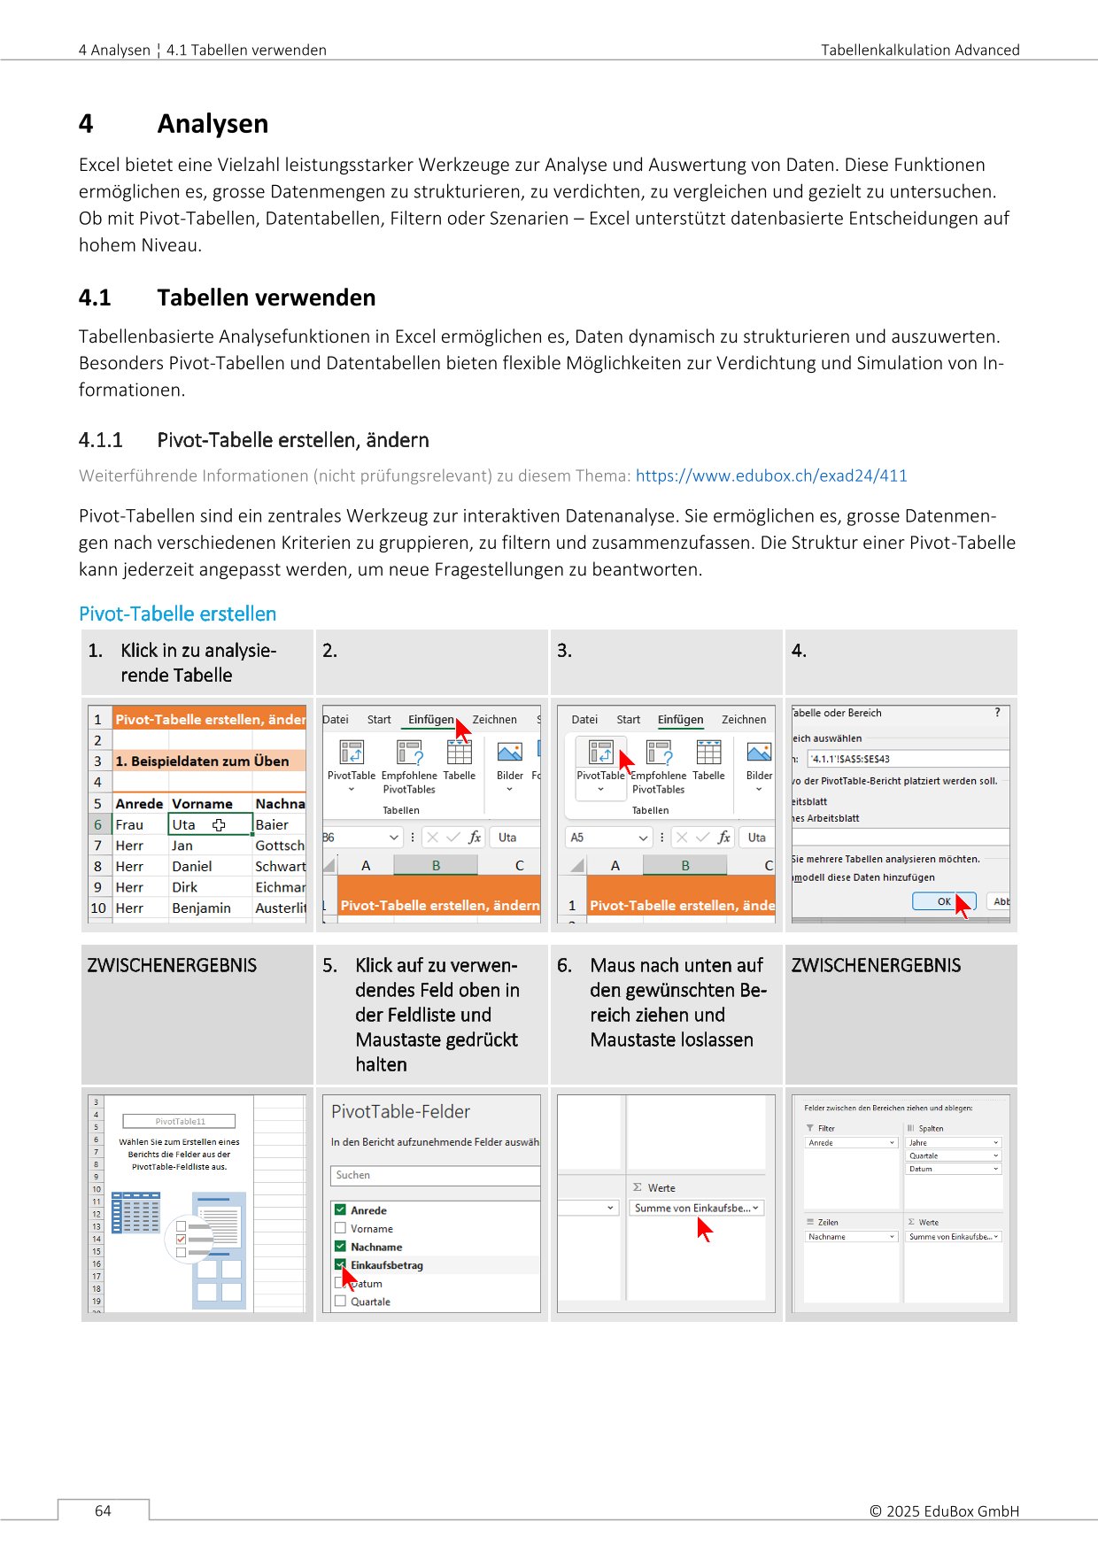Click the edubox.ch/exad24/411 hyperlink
(770, 475)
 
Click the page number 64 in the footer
(103, 1511)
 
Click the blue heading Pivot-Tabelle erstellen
(177, 614)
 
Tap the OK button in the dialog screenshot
(943, 901)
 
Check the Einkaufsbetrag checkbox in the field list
(340, 1265)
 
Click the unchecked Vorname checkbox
(340, 1228)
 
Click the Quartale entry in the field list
(370, 1302)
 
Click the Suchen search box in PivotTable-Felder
(434, 1175)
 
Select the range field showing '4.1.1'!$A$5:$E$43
(907, 759)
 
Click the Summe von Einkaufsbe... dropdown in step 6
(696, 1208)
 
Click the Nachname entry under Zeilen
(851, 1237)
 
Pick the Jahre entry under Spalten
(953, 1142)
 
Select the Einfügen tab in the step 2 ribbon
(430, 720)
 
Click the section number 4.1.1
(100, 440)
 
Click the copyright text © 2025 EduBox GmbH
(944, 1511)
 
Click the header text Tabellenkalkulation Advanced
(919, 50)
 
